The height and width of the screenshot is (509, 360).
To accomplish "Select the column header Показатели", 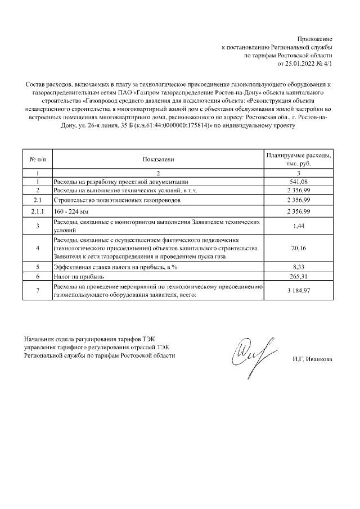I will tap(158, 160).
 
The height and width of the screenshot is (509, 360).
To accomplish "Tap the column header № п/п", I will tap(37, 160).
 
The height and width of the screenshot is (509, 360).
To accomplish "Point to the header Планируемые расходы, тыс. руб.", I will tap(299, 159).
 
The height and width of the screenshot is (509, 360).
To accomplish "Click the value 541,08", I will tap(299, 182).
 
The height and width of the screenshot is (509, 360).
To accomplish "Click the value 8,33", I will tap(299, 267).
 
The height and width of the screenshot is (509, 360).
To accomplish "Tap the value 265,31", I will tap(299, 277).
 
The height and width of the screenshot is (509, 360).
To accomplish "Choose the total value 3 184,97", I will tap(299, 291).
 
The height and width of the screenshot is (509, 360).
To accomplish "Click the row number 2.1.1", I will tap(37, 211).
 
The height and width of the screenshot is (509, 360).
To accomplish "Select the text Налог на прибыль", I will tap(76, 277).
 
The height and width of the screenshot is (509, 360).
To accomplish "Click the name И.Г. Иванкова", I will tap(312, 359).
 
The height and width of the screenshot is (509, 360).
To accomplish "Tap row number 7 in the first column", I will tap(37, 291).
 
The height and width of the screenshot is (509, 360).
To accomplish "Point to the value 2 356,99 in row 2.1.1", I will tap(299, 211).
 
